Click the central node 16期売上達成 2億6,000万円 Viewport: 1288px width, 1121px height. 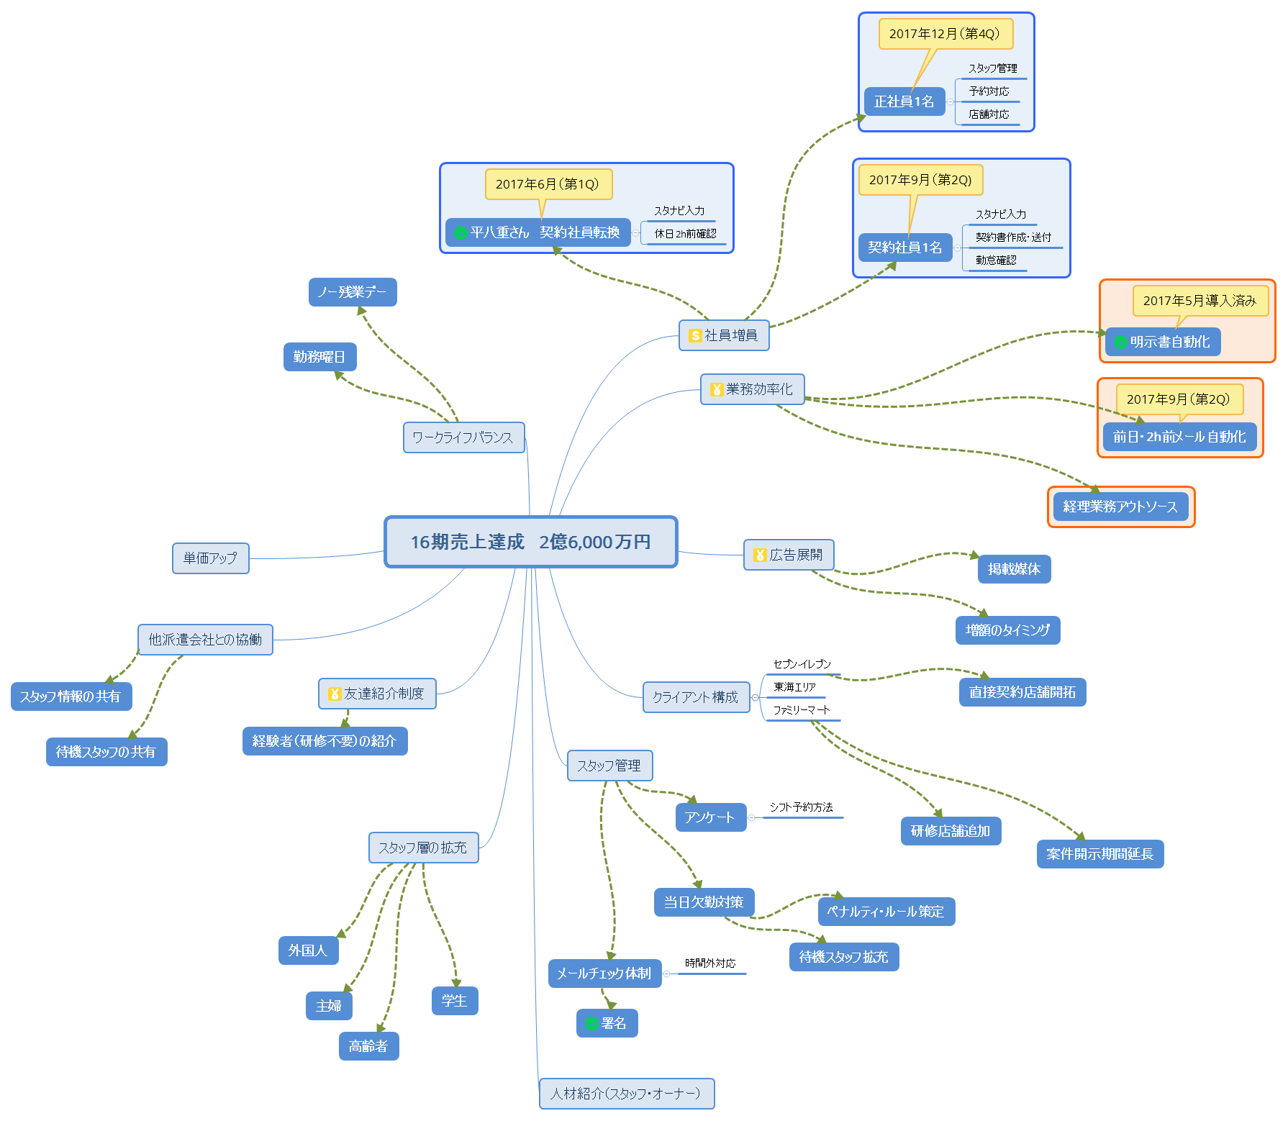[531, 542]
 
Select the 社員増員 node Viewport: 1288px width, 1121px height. [724, 335]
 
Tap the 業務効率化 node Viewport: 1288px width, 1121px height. [753, 389]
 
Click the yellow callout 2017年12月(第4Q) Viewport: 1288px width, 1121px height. [945, 34]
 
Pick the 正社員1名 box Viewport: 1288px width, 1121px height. [904, 101]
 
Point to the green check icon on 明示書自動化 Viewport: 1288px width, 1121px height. [1120, 342]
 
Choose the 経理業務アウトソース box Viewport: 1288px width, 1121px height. [1121, 507]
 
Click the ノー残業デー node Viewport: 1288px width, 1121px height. [353, 292]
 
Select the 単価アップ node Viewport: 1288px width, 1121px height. [211, 558]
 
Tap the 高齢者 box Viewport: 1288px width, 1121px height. [368, 1046]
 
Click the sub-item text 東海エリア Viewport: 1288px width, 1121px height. [794, 687]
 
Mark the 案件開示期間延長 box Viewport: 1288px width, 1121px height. [1100, 854]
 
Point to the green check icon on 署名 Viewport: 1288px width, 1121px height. [591, 1023]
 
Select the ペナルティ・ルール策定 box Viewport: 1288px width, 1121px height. [886, 912]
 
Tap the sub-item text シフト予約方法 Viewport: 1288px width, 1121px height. [802, 807]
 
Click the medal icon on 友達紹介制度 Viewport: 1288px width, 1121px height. [335, 694]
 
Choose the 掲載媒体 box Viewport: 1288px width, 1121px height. [1015, 569]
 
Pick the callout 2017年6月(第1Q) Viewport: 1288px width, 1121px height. [548, 184]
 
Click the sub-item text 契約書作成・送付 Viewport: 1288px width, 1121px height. [1013, 237]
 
